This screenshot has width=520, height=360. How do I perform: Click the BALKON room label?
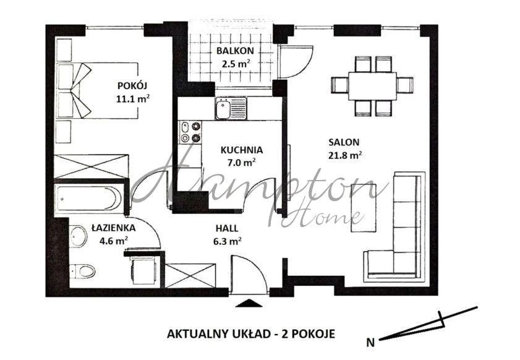235,51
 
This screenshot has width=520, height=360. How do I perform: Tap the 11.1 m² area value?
132,98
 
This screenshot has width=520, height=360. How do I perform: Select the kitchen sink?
231,108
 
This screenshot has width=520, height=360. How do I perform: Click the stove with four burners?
190,132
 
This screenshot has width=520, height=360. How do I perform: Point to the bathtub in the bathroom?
88,198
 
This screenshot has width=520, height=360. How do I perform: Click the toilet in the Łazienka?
83,271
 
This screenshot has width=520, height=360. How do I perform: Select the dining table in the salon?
372,86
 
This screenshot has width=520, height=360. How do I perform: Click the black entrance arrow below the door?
248,303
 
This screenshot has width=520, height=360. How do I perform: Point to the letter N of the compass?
370,342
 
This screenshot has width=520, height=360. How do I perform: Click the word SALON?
344,142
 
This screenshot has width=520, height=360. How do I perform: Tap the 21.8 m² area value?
344,155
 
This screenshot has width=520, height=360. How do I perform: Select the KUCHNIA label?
242,150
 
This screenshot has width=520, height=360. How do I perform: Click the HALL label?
227,228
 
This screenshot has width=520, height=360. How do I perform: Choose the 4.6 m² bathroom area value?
114,241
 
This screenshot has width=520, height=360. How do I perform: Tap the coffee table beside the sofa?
364,208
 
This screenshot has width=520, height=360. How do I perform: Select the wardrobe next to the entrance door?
190,275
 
